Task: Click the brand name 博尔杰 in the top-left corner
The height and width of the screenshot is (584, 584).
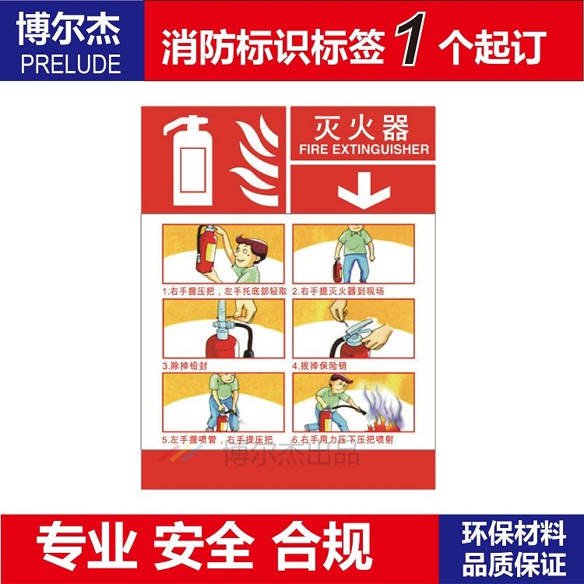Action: point(72,30)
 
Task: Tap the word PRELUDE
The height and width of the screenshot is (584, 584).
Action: point(72,62)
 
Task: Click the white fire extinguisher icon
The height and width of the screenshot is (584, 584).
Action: point(188,160)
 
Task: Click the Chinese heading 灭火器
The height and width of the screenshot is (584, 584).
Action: point(359,128)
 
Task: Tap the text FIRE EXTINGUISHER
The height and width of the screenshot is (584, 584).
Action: point(364,149)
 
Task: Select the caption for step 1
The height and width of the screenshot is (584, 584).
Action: point(224,291)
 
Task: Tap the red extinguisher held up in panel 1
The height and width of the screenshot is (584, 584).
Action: point(207,249)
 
